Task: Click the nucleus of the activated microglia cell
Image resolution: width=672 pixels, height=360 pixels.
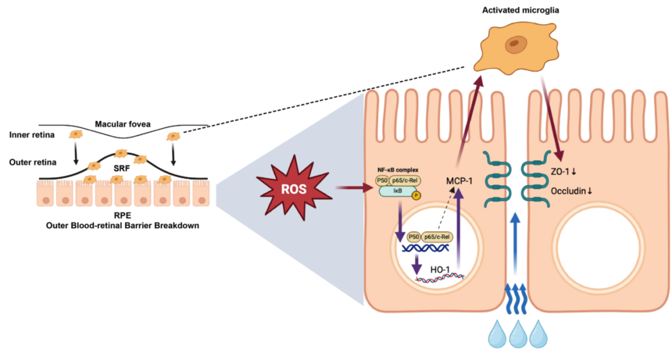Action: tap(514, 44)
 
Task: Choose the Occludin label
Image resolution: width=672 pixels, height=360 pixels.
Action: tap(571, 192)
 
